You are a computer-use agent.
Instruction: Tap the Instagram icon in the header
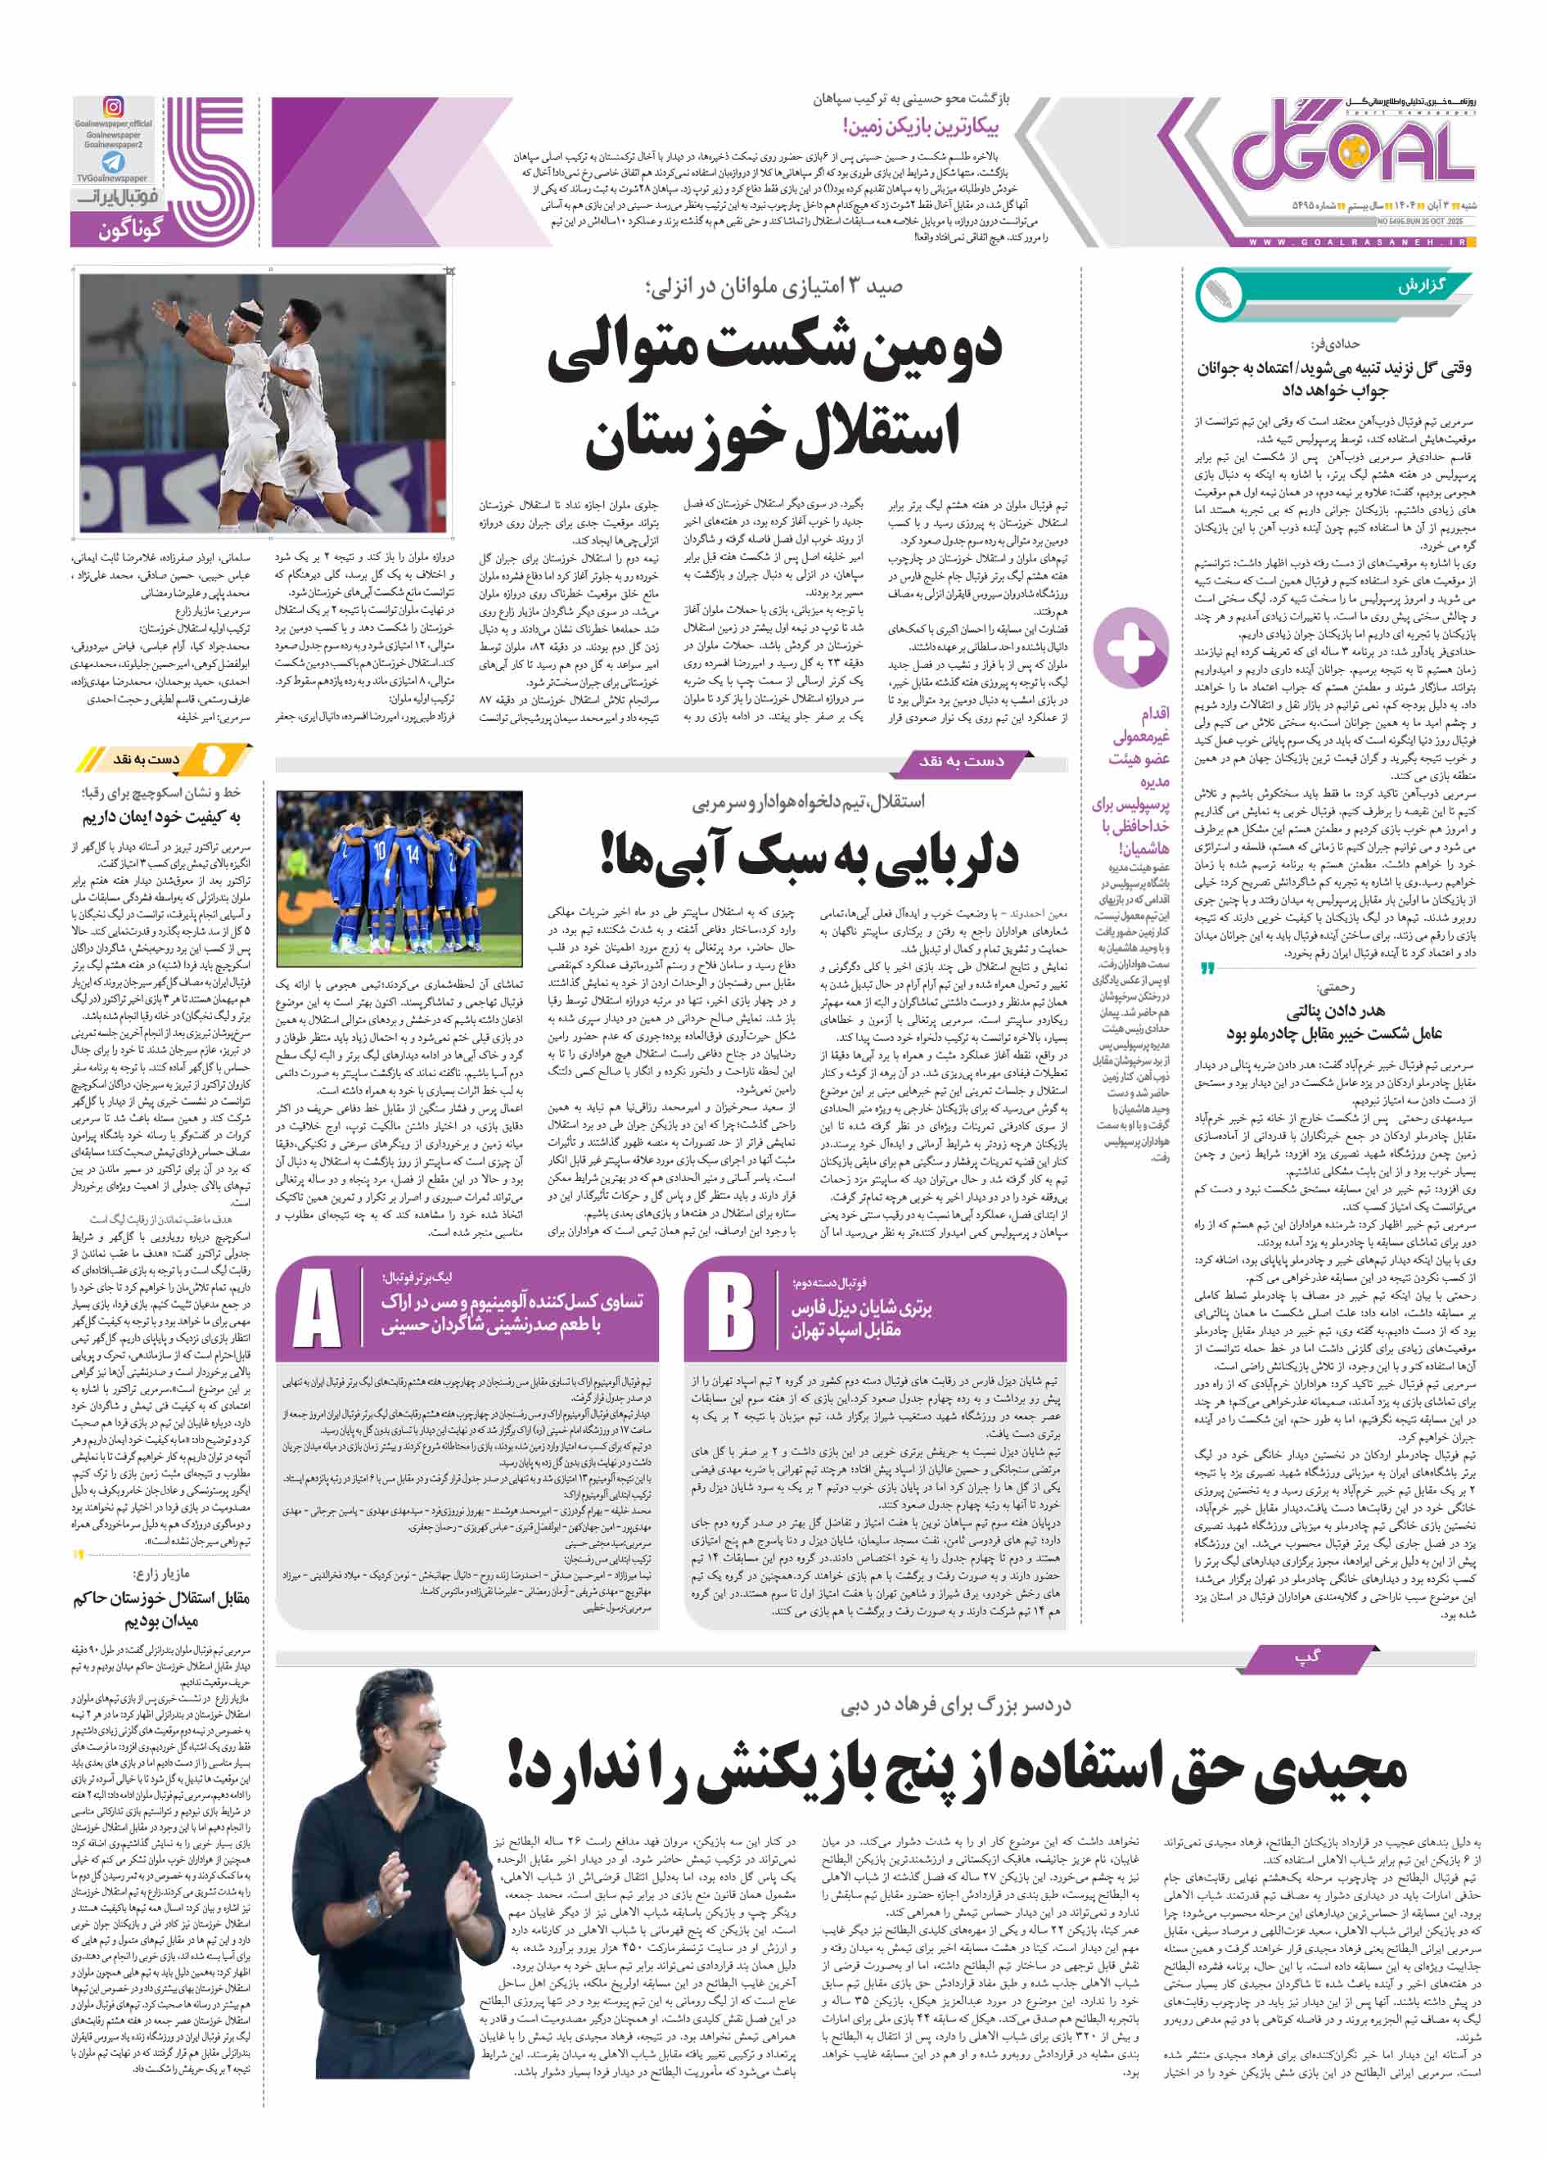[x=113, y=107]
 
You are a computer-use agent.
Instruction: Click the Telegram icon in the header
[x=113, y=162]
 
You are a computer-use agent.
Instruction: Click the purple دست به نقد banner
[x=961, y=760]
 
